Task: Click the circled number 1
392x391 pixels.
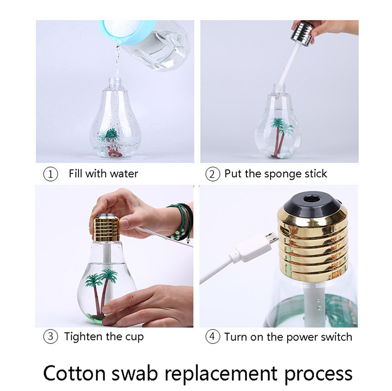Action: point(50,174)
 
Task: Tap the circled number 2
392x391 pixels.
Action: point(213,174)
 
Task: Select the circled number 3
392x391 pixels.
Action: point(50,337)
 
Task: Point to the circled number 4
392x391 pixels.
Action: point(213,337)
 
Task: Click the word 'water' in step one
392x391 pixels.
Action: point(124,174)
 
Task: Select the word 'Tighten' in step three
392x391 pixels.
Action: point(83,337)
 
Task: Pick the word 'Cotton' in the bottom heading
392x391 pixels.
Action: point(74,374)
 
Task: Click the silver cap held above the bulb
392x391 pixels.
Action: point(302,34)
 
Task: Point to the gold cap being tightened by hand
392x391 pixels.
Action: point(106,228)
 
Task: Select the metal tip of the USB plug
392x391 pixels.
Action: point(272,238)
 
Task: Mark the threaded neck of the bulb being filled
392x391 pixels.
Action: point(116,84)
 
